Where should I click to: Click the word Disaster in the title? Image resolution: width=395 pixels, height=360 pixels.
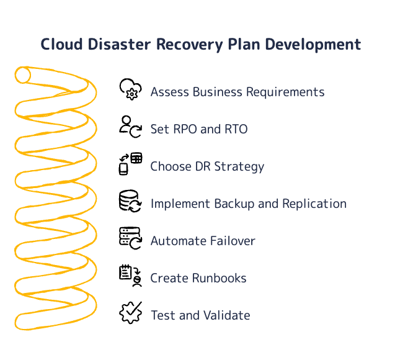point(118,45)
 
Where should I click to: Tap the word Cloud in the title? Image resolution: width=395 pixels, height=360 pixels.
point(60,45)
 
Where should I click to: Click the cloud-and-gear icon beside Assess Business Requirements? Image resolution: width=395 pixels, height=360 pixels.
point(130,89)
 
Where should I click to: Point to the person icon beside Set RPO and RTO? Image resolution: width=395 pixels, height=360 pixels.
point(130,127)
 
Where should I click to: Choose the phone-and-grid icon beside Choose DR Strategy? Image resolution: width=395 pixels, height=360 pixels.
point(130,164)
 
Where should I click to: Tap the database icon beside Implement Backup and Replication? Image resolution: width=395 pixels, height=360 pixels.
point(130,201)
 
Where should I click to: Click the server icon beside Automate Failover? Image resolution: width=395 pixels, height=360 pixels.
point(130,238)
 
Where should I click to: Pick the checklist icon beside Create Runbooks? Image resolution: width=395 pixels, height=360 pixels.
point(130,276)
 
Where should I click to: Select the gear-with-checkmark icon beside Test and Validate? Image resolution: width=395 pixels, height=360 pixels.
point(130,313)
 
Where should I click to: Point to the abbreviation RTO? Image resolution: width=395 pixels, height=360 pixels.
point(235,129)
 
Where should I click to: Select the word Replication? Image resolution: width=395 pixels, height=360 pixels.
point(314,204)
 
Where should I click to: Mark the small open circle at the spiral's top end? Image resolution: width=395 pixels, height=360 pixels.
point(23,75)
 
